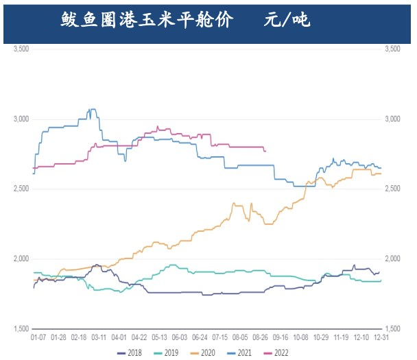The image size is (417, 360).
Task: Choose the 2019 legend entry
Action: click(169, 352)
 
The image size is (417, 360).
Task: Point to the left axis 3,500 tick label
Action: click(21, 49)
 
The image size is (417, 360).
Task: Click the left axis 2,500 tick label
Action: click(21, 189)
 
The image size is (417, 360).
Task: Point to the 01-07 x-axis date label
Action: click(39, 338)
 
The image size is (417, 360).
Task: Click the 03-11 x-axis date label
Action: click(99, 338)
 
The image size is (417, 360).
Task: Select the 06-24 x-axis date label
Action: click(201, 338)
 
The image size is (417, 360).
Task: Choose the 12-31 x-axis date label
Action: click(382, 338)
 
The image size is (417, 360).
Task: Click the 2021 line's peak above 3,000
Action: click(92, 109)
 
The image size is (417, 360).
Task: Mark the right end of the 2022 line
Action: click(265, 151)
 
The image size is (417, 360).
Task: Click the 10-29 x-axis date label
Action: click(321, 338)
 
